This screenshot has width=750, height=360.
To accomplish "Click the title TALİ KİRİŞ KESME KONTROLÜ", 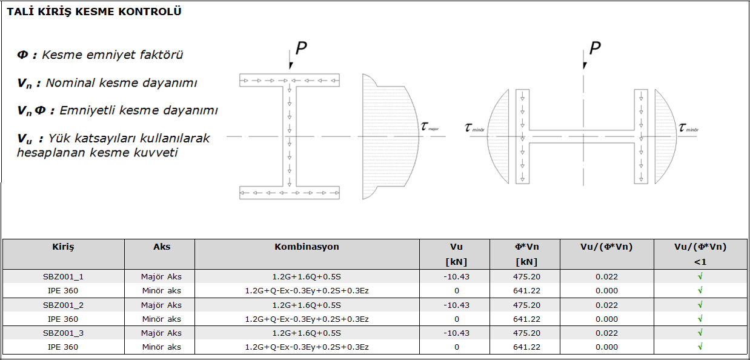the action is [94, 12].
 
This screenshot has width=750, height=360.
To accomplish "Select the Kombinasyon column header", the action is [307, 247].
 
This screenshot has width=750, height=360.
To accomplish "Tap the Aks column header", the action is [162, 247].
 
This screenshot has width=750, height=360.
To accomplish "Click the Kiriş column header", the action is [63, 247].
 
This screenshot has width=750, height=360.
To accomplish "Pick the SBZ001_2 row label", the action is [63, 305].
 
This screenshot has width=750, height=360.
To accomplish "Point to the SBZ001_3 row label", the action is [63, 333].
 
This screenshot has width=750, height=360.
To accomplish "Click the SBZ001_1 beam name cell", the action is [63, 277].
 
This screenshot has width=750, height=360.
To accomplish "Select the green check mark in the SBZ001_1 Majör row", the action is [700, 276].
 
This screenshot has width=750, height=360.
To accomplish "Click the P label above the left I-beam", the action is [301, 48].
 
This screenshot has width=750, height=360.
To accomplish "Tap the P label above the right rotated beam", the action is [595, 48].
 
